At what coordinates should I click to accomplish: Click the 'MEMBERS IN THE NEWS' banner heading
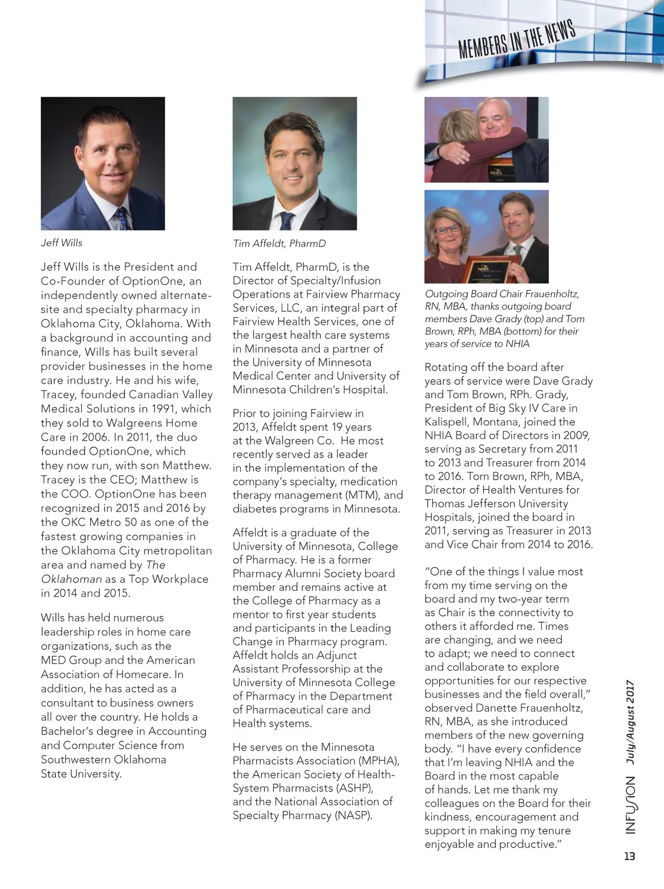click(x=516, y=40)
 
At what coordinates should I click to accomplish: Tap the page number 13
click(x=629, y=856)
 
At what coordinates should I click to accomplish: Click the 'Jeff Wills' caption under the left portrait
click(x=61, y=243)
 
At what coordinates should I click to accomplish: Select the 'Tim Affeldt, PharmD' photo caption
click(x=279, y=244)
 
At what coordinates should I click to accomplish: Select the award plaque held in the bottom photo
click(x=485, y=270)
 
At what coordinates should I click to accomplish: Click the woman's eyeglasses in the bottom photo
click(x=449, y=228)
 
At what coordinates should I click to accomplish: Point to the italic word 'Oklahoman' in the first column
click(x=71, y=579)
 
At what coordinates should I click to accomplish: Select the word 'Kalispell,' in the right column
click(x=447, y=422)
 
